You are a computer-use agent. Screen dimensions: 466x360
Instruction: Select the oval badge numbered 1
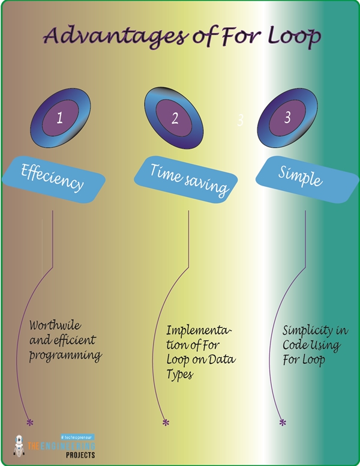60,118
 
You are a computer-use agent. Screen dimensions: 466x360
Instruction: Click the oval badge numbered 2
175,118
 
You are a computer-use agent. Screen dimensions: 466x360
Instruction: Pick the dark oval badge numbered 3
287,118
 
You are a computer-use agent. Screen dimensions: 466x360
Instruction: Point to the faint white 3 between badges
240,121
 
